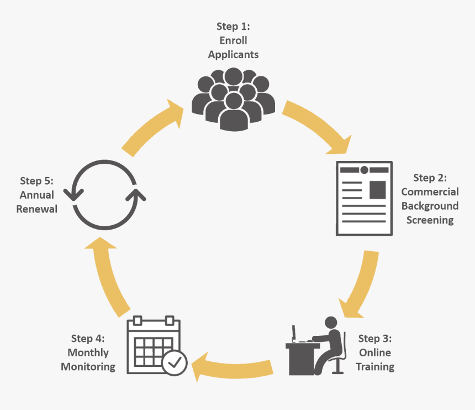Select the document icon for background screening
(x=365, y=199)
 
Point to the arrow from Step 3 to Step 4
(x=235, y=366)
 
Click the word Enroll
(x=233, y=40)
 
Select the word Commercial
(x=430, y=192)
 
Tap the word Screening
(x=430, y=220)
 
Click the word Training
(x=375, y=367)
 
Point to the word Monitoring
(x=88, y=367)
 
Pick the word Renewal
(x=37, y=209)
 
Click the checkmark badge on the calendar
(x=175, y=362)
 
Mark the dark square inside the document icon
(x=377, y=189)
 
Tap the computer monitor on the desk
(x=294, y=334)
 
